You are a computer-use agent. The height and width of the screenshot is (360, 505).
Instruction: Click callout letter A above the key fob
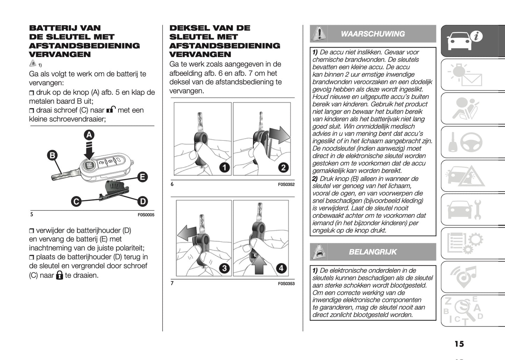89,135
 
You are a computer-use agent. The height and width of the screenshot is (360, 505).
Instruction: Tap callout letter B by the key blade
52,155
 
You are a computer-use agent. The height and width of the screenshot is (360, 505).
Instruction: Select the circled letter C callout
76,201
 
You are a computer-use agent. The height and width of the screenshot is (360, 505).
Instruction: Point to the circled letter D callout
143,201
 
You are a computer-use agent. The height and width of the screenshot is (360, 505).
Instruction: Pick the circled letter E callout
143,177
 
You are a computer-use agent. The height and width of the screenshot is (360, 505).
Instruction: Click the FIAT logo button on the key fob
89,166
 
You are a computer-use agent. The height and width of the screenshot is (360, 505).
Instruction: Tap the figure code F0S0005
146,215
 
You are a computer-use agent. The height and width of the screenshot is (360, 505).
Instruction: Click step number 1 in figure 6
225,167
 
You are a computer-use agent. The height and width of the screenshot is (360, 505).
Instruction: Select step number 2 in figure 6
283,167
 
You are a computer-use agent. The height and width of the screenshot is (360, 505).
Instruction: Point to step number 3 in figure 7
224,268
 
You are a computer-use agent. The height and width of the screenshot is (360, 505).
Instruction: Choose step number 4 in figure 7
281,268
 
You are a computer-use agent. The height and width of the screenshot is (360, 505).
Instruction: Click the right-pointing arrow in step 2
280,135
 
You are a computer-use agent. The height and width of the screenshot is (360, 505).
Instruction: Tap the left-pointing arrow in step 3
187,233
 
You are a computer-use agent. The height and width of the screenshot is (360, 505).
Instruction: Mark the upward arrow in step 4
259,264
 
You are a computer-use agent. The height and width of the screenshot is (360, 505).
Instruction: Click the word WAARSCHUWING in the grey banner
373,34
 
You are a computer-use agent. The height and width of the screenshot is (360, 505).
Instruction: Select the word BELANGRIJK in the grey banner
373,252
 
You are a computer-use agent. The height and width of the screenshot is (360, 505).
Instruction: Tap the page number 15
459,344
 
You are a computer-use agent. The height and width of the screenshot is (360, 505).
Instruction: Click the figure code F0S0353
286,283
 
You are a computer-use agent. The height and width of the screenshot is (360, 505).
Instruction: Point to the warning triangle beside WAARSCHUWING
319,34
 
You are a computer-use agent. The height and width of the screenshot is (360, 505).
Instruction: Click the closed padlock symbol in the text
59,275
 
